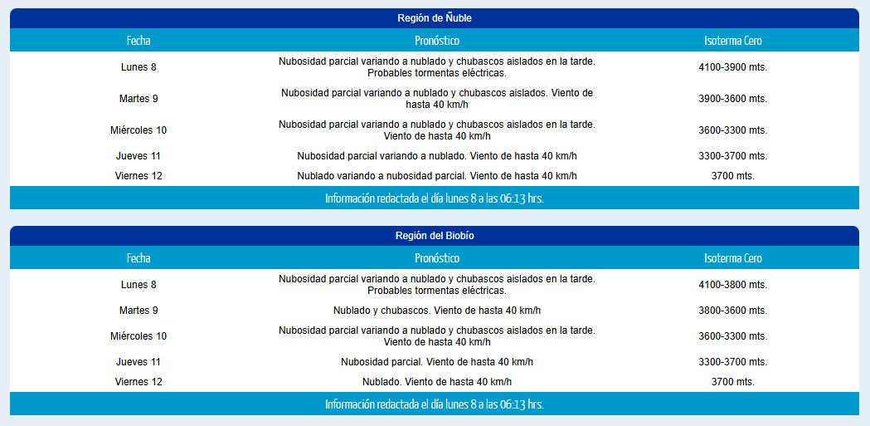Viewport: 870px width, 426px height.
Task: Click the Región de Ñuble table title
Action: coord(435,18)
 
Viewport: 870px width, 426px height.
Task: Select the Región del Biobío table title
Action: coord(435,236)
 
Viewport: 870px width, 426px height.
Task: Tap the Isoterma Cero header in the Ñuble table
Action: coord(732,41)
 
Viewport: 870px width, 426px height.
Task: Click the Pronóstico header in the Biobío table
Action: coord(436,258)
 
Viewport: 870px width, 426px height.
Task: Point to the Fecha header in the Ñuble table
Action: coord(139,41)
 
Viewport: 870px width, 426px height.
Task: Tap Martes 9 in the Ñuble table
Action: coord(139,99)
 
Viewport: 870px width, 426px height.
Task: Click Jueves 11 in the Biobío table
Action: coord(139,362)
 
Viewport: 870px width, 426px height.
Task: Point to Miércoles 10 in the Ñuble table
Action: coord(139,130)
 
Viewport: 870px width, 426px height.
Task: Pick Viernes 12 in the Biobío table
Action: coord(139,382)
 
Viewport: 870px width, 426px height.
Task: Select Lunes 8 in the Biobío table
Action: coord(139,285)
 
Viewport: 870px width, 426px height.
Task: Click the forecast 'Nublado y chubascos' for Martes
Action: coord(436,311)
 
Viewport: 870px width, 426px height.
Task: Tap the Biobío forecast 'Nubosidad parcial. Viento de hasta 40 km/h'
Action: coord(436,362)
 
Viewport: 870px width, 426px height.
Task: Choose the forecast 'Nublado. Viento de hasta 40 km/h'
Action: coord(436,382)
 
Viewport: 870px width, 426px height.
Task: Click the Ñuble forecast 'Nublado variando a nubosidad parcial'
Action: coord(436,176)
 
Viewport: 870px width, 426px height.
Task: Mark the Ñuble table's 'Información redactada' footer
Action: coord(435,198)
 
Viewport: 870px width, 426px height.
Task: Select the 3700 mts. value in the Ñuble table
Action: coord(732,176)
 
